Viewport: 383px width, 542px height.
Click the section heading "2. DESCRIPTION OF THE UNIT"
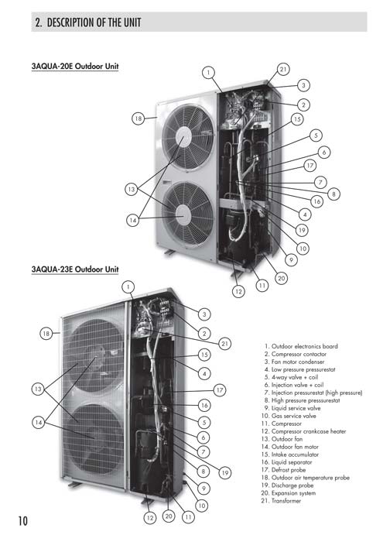[x=87, y=22]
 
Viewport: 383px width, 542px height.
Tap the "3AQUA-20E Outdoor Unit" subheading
[x=75, y=66]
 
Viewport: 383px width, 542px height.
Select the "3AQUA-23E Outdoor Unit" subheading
[x=75, y=269]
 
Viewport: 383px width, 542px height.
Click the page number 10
[x=22, y=521]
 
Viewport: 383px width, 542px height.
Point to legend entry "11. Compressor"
[x=282, y=424]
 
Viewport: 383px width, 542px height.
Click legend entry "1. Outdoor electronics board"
[x=301, y=346]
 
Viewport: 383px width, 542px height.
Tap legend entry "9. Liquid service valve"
[x=292, y=408]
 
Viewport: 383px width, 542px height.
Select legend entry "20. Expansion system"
[x=289, y=493]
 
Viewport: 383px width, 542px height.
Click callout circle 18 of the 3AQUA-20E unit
[x=138, y=118]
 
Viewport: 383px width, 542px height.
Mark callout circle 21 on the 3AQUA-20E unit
[x=283, y=70]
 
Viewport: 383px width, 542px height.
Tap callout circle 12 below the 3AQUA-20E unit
[x=238, y=291]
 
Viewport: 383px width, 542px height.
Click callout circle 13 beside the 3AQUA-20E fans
[x=132, y=189]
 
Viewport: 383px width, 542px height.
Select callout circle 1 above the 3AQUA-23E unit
[x=128, y=286]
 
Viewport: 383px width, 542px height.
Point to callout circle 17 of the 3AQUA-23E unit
[x=220, y=390]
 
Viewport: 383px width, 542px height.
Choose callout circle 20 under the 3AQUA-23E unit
[x=169, y=516]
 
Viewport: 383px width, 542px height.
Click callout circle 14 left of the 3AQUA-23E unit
[x=39, y=423]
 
